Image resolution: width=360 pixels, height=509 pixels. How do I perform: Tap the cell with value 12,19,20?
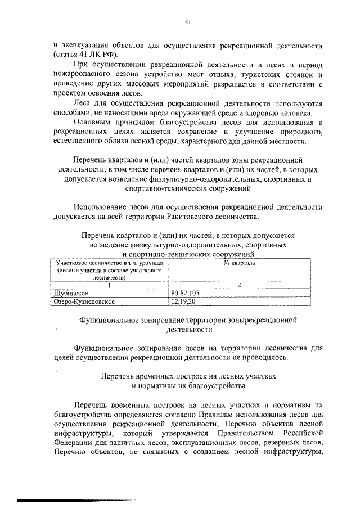coord(183,301)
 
